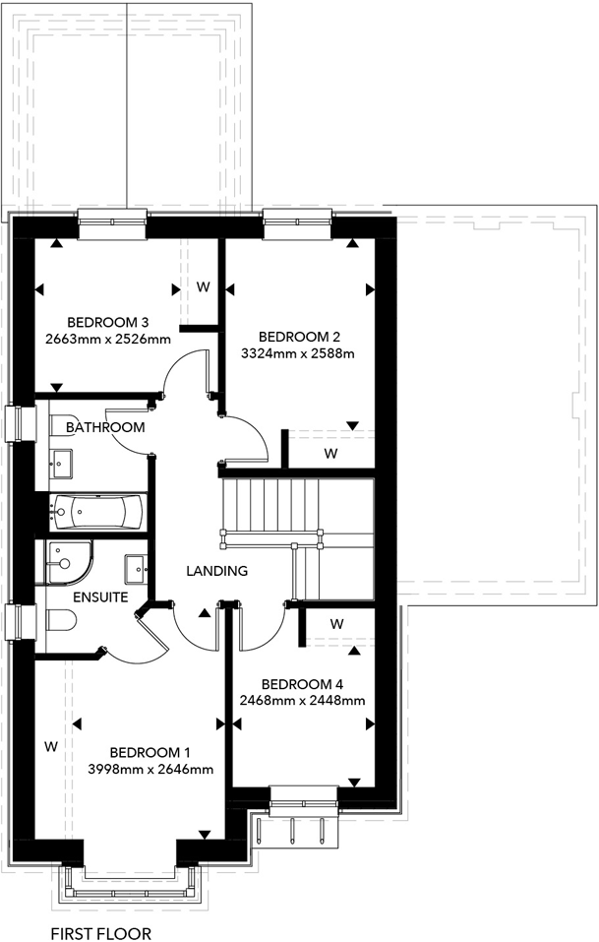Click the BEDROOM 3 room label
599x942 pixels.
tap(107, 322)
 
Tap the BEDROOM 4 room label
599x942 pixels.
tap(302, 684)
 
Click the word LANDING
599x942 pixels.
tap(217, 570)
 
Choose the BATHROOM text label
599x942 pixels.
tap(105, 427)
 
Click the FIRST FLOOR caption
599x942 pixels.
tap(101, 930)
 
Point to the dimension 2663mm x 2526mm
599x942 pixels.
tap(107, 339)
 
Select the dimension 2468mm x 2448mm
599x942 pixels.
tap(302, 701)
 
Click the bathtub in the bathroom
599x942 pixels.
tap(98, 510)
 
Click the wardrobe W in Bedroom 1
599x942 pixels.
tap(50, 746)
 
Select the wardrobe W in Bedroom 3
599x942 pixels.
tap(204, 286)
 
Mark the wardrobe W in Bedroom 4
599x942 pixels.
tap(336, 623)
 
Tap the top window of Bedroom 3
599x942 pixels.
tap(112, 224)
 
